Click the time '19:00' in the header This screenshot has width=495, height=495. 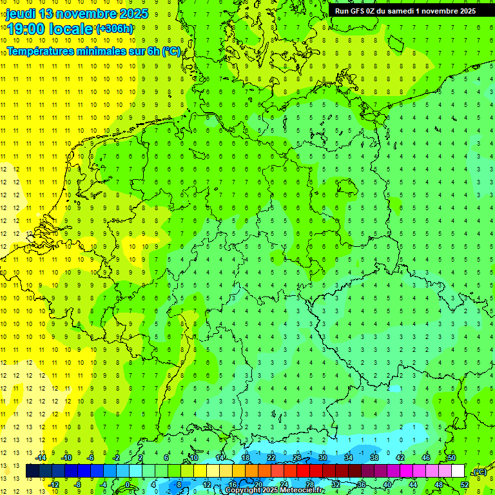30,28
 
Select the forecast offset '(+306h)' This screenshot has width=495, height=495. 114,29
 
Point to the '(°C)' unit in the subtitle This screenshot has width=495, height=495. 171,51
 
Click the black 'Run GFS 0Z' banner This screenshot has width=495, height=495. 405,10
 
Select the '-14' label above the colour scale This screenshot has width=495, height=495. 41,457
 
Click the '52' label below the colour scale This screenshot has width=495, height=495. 464,484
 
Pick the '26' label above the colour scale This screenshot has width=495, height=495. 297,457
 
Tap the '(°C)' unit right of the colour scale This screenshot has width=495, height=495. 479,472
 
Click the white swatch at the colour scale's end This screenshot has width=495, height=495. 458,471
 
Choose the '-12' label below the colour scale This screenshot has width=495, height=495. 53,484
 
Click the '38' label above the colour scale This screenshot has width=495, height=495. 374,457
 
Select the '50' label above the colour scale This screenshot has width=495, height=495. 451,457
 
